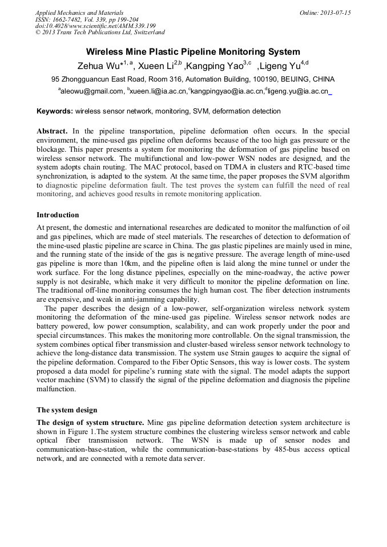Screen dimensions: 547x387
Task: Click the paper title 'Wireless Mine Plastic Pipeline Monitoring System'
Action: (193, 52)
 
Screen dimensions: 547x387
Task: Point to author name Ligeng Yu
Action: (283, 66)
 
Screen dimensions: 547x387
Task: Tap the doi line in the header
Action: (95, 26)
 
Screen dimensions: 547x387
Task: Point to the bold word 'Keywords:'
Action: (55, 111)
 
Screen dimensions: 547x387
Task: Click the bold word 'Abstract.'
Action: (52, 131)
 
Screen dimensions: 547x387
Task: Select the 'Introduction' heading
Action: (58, 215)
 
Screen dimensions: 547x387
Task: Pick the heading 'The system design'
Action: (67, 410)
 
